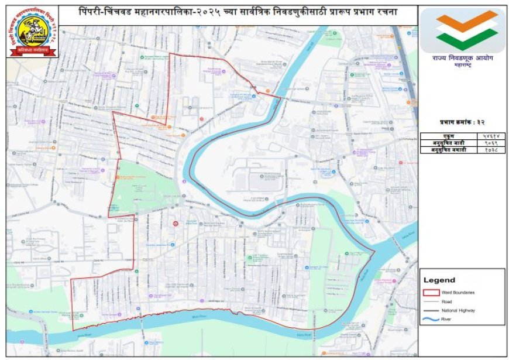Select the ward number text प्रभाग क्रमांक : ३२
click(x=462, y=122)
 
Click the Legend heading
click(x=439, y=280)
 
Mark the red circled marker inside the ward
click(x=175, y=224)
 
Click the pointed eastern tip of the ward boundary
click(x=374, y=252)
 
